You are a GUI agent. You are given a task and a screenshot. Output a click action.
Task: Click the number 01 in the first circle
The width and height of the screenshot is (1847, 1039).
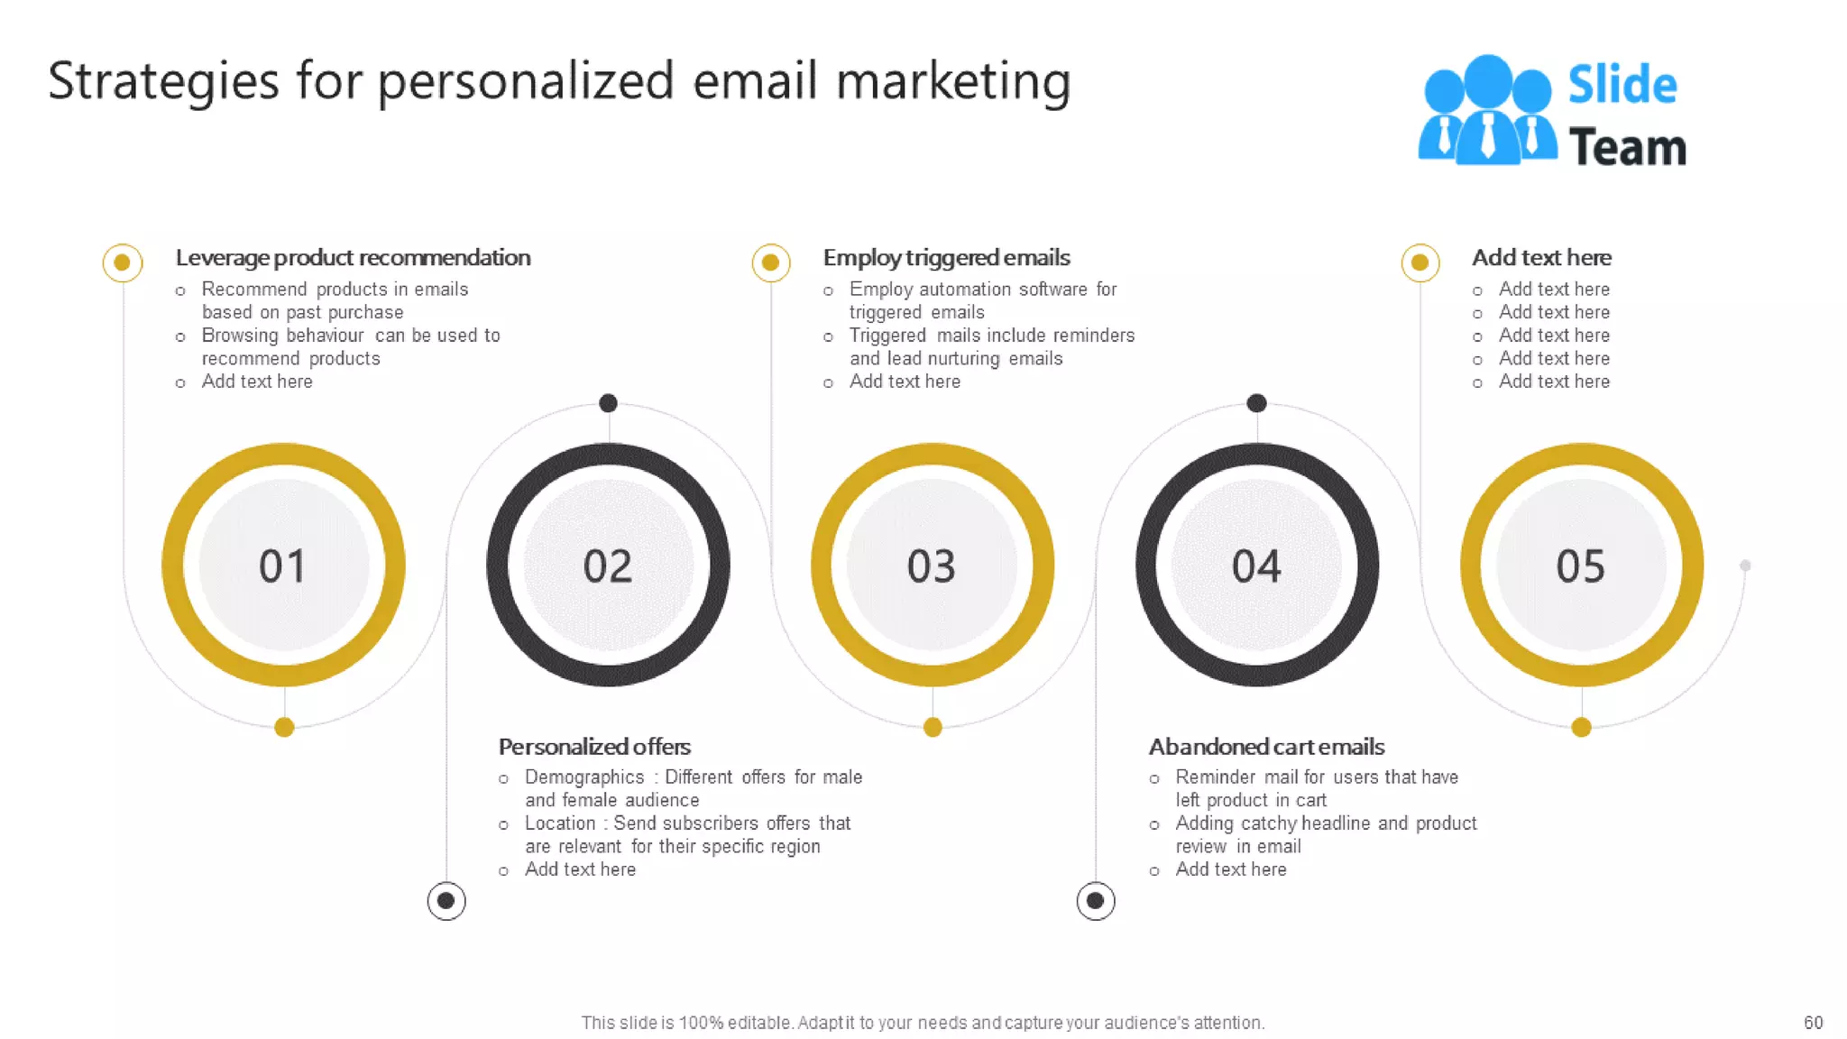[x=282, y=566]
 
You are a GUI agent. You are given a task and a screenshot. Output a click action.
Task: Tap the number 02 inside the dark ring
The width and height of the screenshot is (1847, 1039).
[x=607, y=566]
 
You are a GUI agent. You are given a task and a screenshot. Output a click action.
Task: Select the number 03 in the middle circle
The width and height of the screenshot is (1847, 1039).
[x=931, y=566]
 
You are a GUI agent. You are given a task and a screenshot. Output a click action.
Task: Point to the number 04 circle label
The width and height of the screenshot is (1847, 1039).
[x=1256, y=566]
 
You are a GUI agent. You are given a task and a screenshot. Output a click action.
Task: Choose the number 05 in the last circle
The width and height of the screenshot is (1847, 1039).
[x=1580, y=566]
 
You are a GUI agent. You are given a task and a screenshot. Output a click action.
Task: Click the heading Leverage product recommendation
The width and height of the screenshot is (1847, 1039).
[x=353, y=258]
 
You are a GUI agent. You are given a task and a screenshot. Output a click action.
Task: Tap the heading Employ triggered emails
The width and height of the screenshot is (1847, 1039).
[x=946, y=258]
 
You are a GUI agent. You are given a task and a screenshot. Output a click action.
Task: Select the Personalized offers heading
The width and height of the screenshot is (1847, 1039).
[x=594, y=747]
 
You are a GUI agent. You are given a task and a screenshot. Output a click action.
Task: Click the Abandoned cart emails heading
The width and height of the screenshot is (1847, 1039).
[x=1266, y=747]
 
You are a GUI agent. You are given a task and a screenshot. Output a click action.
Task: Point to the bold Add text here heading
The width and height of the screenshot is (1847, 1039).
[x=1541, y=258]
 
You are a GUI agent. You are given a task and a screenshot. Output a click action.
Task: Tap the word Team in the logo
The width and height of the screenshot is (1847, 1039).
[x=1627, y=147]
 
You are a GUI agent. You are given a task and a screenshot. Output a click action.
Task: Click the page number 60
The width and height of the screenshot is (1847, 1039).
[x=1813, y=1023]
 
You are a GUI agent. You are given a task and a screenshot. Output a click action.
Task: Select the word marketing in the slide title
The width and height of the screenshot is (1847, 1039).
[x=953, y=81]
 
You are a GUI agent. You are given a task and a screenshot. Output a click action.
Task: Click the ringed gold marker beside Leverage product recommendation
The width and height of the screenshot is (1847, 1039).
[x=123, y=262]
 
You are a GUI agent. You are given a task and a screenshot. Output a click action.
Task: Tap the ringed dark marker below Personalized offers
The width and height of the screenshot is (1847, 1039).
[x=446, y=900]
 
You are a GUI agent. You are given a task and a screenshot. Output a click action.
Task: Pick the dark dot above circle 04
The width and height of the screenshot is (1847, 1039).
[x=1256, y=403]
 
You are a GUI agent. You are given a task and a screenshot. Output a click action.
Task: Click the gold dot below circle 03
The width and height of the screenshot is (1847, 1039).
[x=933, y=727]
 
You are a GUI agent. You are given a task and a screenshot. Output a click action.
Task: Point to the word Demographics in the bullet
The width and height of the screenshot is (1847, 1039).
[x=584, y=777]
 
